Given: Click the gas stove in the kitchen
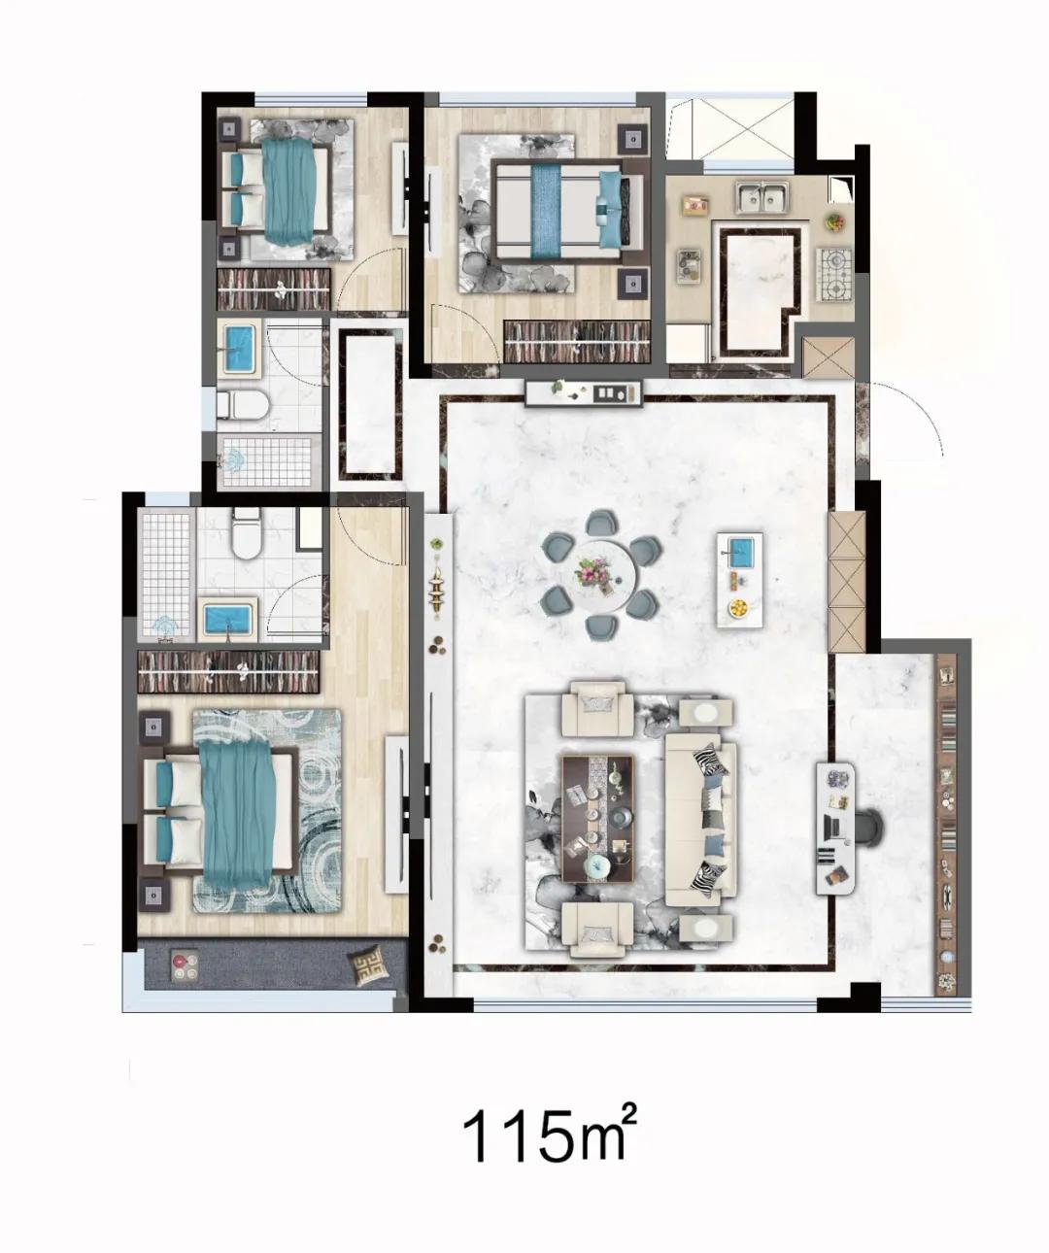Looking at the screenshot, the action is coord(833,275).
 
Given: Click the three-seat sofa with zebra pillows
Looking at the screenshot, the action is coord(701,823).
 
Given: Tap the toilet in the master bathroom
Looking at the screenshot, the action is coord(247,534).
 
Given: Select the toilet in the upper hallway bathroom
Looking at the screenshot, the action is coord(242,404).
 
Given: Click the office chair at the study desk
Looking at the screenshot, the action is coord(870,829).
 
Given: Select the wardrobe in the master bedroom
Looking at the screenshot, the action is coord(228,672).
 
